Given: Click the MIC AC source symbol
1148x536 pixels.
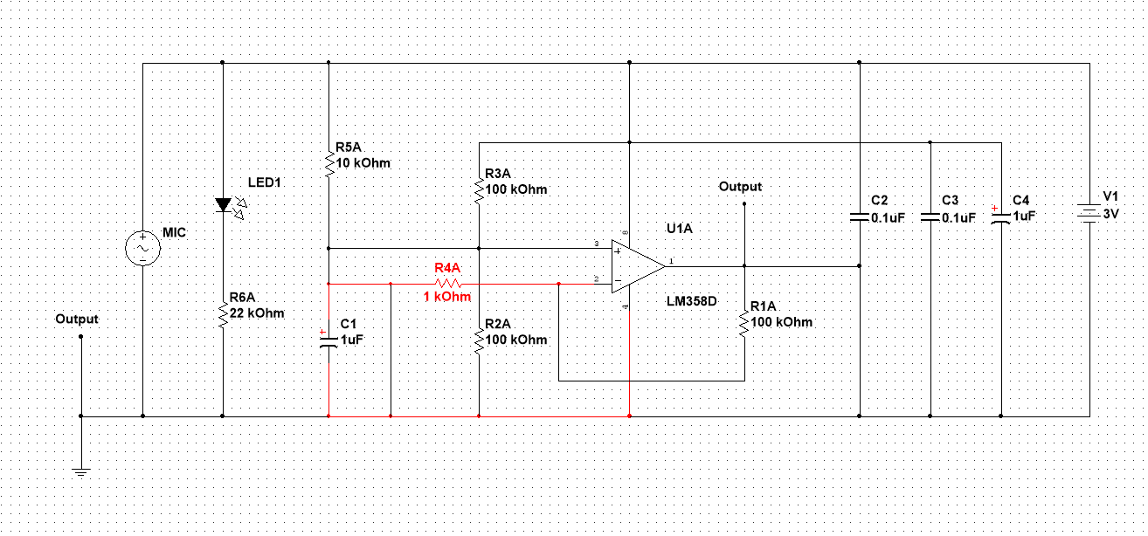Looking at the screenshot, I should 142,249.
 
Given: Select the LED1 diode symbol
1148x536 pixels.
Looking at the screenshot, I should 223,206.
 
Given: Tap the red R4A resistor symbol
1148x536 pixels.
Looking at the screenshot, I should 447,284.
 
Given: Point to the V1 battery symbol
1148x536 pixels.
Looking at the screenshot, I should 1089,213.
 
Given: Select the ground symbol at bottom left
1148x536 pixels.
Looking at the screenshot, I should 80,471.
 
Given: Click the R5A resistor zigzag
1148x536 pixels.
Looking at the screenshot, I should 328,163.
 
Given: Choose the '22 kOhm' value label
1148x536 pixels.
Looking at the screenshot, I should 258,313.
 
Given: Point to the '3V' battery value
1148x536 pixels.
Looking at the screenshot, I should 1110,213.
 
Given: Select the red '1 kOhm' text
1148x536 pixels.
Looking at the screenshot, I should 447,297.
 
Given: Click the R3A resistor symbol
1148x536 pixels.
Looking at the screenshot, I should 479,189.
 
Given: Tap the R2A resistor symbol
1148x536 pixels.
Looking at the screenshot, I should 479,339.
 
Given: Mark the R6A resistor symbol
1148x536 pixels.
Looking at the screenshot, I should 223,313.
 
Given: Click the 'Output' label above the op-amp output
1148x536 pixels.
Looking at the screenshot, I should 739,187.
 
